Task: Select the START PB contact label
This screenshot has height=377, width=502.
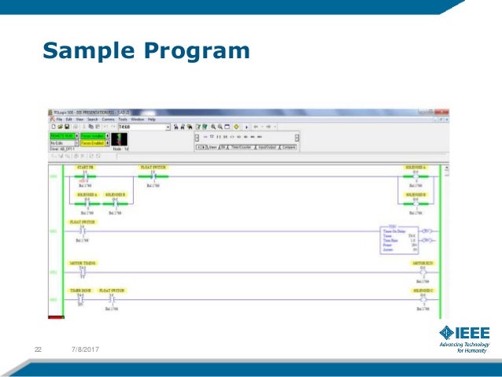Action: (84, 168)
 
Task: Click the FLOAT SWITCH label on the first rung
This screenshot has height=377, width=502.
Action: (153, 168)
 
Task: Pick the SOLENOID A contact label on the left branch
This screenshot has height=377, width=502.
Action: (87, 194)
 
